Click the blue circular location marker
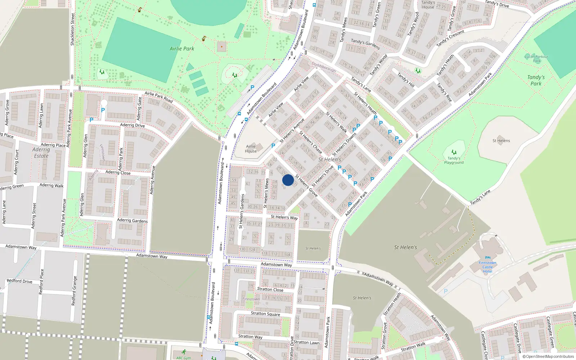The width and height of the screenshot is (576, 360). tap(288, 180)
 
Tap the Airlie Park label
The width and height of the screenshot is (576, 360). tap(182, 49)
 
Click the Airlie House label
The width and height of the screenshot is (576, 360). tap(251, 149)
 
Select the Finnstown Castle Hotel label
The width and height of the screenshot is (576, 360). tap(487, 267)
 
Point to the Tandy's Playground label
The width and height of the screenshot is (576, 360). tap(454, 160)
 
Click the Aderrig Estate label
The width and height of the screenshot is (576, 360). tap(41, 153)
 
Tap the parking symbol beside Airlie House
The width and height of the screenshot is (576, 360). tap(273, 146)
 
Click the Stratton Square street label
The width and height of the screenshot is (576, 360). tap(265, 314)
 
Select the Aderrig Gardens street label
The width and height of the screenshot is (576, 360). tap(132, 220)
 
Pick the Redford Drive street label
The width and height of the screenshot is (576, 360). tap(19, 281)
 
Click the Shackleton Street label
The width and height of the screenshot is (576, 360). tap(72, 30)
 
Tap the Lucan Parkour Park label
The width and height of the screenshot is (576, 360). tap(536, 58)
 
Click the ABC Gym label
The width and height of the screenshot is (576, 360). tap(183, 358)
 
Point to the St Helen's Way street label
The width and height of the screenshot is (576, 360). tap(284, 217)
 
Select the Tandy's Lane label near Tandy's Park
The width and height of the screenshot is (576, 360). tap(480, 197)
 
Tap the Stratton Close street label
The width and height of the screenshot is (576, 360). tap(270, 289)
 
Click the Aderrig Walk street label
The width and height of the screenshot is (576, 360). tap(51, 185)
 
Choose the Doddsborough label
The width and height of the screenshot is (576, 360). tap(324, 67)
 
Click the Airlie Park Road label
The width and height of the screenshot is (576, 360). tap(159, 96)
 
